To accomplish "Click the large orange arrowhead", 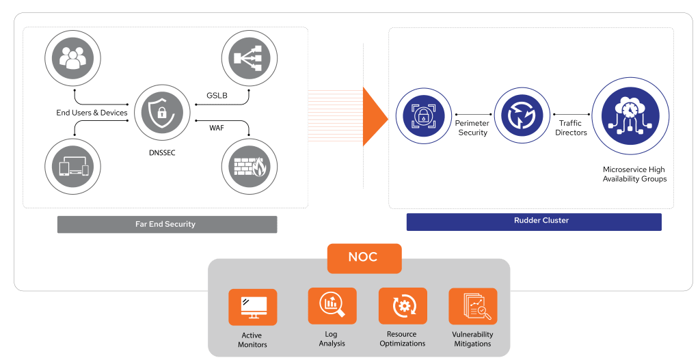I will [375, 117].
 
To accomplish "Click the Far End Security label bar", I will [166, 224].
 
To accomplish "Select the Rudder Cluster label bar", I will [534, 221].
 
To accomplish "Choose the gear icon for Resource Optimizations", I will [403, 306].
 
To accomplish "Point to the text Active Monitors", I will [252, 340].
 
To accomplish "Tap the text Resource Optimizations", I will [403, 340].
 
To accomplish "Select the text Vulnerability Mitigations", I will [472, 340].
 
